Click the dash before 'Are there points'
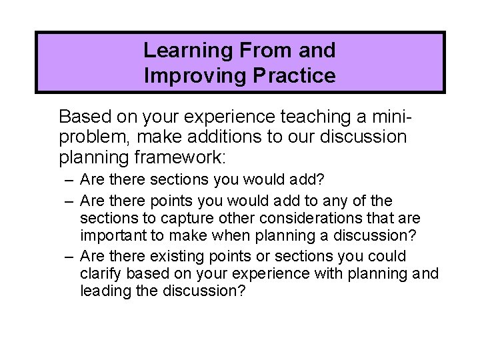click(x=69, y=201)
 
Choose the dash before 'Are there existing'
click(x=69, y=257)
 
